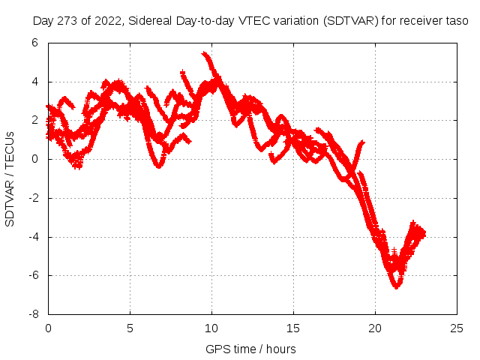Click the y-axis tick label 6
34,43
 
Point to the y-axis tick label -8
32,314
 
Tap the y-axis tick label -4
32,237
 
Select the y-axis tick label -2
32,198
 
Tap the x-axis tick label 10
211,328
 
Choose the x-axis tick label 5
130,328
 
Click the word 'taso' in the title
457,21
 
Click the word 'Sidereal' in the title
153,21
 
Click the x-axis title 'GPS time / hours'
251,349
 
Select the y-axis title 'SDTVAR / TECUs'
10,178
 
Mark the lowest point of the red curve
396,286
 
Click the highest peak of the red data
204,53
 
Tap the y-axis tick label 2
34,120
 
